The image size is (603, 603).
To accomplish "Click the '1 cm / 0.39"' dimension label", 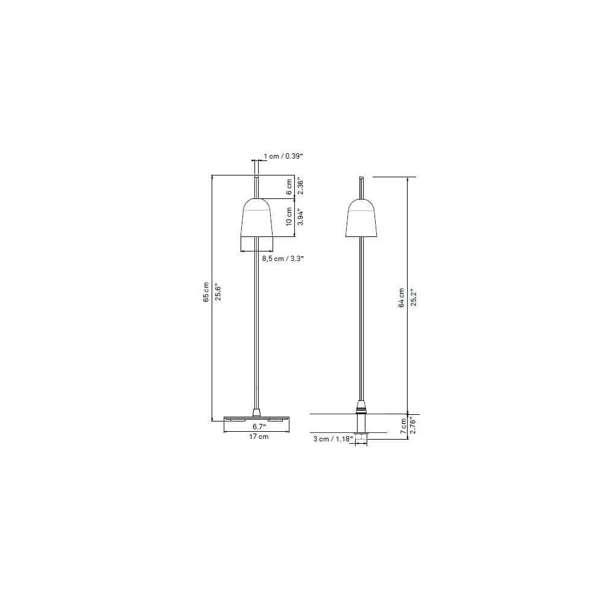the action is [x=283, y=156].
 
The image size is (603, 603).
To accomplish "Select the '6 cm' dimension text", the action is [x=289, y=187].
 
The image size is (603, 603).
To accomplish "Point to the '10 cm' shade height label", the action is [x=289, y=217].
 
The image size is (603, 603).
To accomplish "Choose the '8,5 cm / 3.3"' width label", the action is [x=283, y=259].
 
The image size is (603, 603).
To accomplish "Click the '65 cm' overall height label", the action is [x=206, y=292].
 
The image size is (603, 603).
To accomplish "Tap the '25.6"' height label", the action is [x=218, y=292].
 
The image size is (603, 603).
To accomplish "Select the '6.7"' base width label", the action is [x=259, y=426].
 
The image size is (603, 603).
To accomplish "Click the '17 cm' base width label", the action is [x=259, y=437].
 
